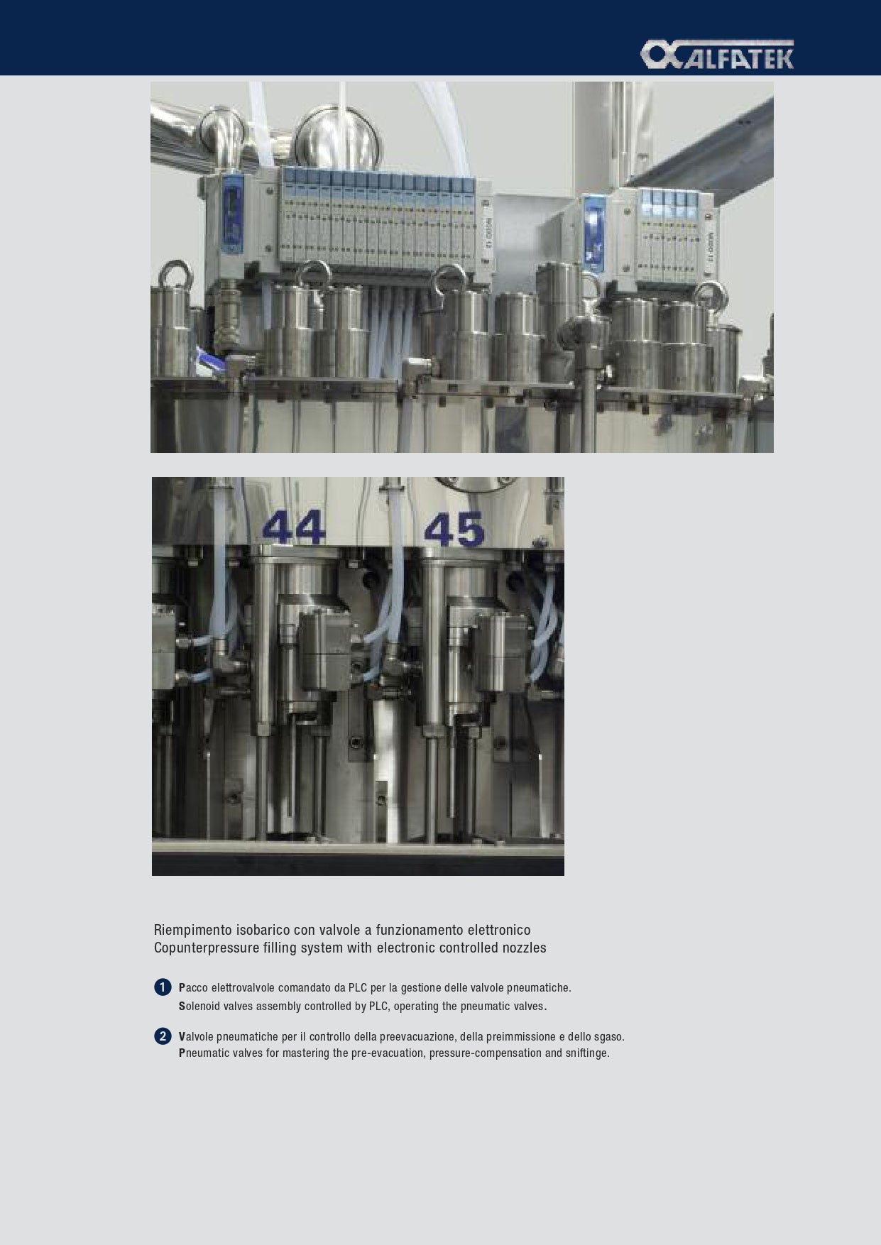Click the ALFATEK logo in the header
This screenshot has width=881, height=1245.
(717, 55)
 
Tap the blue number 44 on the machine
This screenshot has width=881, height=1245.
(294, 527)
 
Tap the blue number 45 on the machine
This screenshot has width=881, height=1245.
(454, 530)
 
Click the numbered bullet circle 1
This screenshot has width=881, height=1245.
(163, 987)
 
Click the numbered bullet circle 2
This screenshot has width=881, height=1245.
(163, 1036)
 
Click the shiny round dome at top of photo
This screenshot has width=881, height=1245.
(333, 138)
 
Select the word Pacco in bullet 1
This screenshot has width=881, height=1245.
(193, 988)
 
